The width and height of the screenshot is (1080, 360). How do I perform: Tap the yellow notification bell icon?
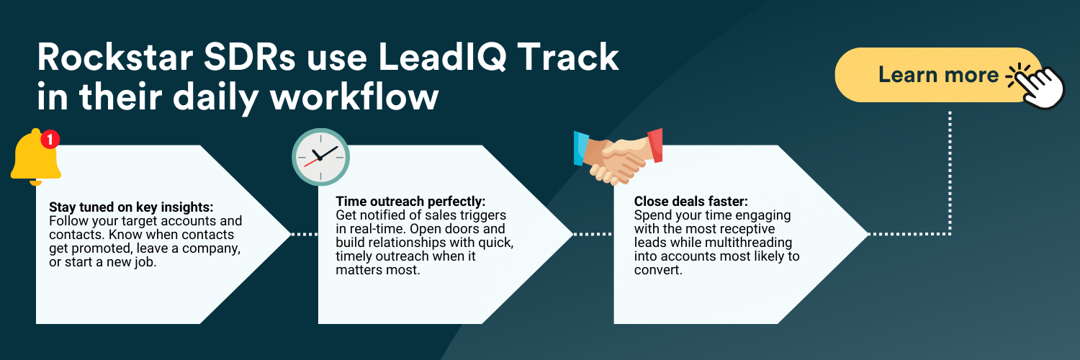click(35, 157)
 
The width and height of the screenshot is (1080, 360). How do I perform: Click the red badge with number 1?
click(50, 139)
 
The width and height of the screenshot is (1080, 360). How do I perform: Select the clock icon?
click(320, 157)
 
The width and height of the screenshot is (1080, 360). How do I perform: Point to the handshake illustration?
click(618, 157)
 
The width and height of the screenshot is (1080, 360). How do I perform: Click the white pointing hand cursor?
click(1041, 86)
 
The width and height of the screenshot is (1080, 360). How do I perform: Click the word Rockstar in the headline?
click(115, 58)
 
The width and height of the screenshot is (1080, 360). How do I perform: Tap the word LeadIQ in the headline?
click(442, 58)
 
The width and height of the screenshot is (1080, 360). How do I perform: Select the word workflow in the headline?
click(354, 96)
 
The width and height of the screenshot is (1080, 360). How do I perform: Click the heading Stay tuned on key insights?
click(131, 207)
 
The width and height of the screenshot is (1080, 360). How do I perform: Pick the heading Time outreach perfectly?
click(410, 201)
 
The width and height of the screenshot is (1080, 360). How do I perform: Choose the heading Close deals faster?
click(691, 201)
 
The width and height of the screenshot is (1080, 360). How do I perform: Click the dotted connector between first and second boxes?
click(305, 234)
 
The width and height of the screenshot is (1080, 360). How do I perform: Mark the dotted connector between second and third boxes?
click(593, 234)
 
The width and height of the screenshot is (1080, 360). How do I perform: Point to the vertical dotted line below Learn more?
click(950, 174)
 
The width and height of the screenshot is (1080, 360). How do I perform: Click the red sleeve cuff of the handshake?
click(655, 145)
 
